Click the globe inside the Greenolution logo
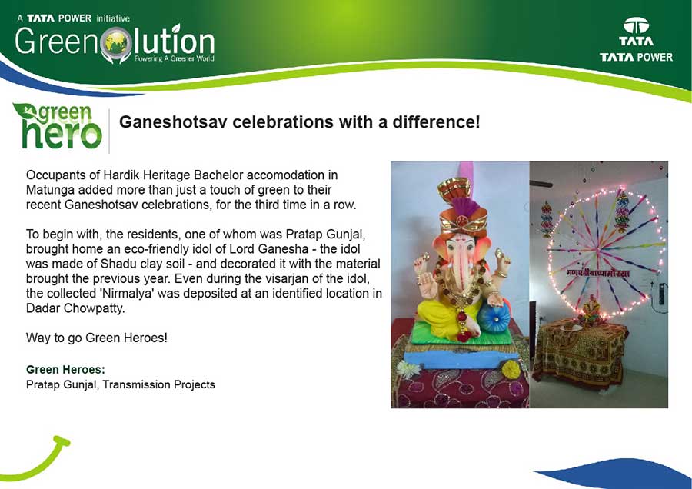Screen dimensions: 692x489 [116, 42]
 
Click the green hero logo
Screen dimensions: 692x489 [58, 126]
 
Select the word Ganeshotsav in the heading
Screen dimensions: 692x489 [173, 121]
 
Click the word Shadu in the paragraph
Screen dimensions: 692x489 [116, 264]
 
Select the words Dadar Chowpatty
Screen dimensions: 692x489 [75, 308]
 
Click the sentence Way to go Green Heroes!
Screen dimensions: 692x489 [97, 338]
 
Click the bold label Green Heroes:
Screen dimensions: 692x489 [66, 369]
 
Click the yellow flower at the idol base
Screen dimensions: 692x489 [511, 369]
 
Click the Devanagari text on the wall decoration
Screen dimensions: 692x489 [598, 273]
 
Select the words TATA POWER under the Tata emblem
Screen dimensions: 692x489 [636, 57]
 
